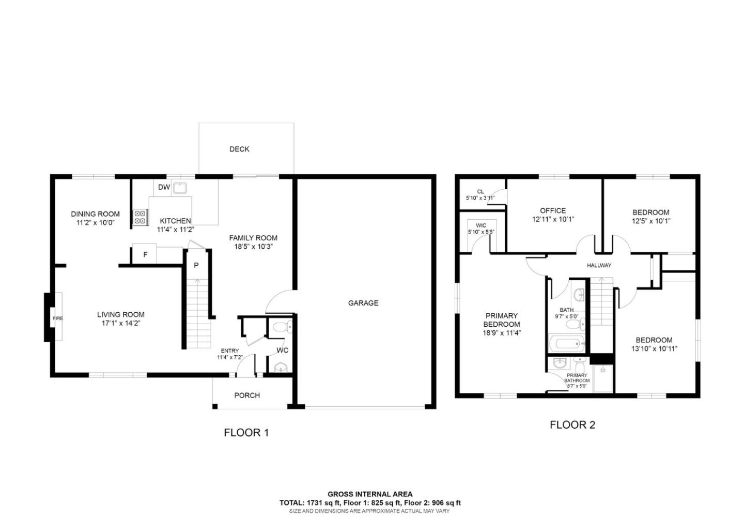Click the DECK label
pos(239,149)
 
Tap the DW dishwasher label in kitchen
pos(164,187)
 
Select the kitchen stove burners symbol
pos(140,217)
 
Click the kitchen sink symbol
pos(180,187)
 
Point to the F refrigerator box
pos(145,254)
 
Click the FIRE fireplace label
pos(57,318)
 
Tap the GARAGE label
pos(363,303)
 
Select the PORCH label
pos(247,396)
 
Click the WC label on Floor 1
pos(282,350)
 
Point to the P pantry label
pos(196,265)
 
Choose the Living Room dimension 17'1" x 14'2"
pos(120,323)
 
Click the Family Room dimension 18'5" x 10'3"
pos(253,247)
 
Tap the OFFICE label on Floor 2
pos(553,210)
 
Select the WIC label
pos(481,225)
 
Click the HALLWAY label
pos(599,265)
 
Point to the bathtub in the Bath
pos(566,343)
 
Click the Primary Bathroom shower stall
pos(602,378)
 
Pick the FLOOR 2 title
pos(572,425)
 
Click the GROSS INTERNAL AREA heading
pos(370,494)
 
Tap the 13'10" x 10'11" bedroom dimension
pos(654,348)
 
